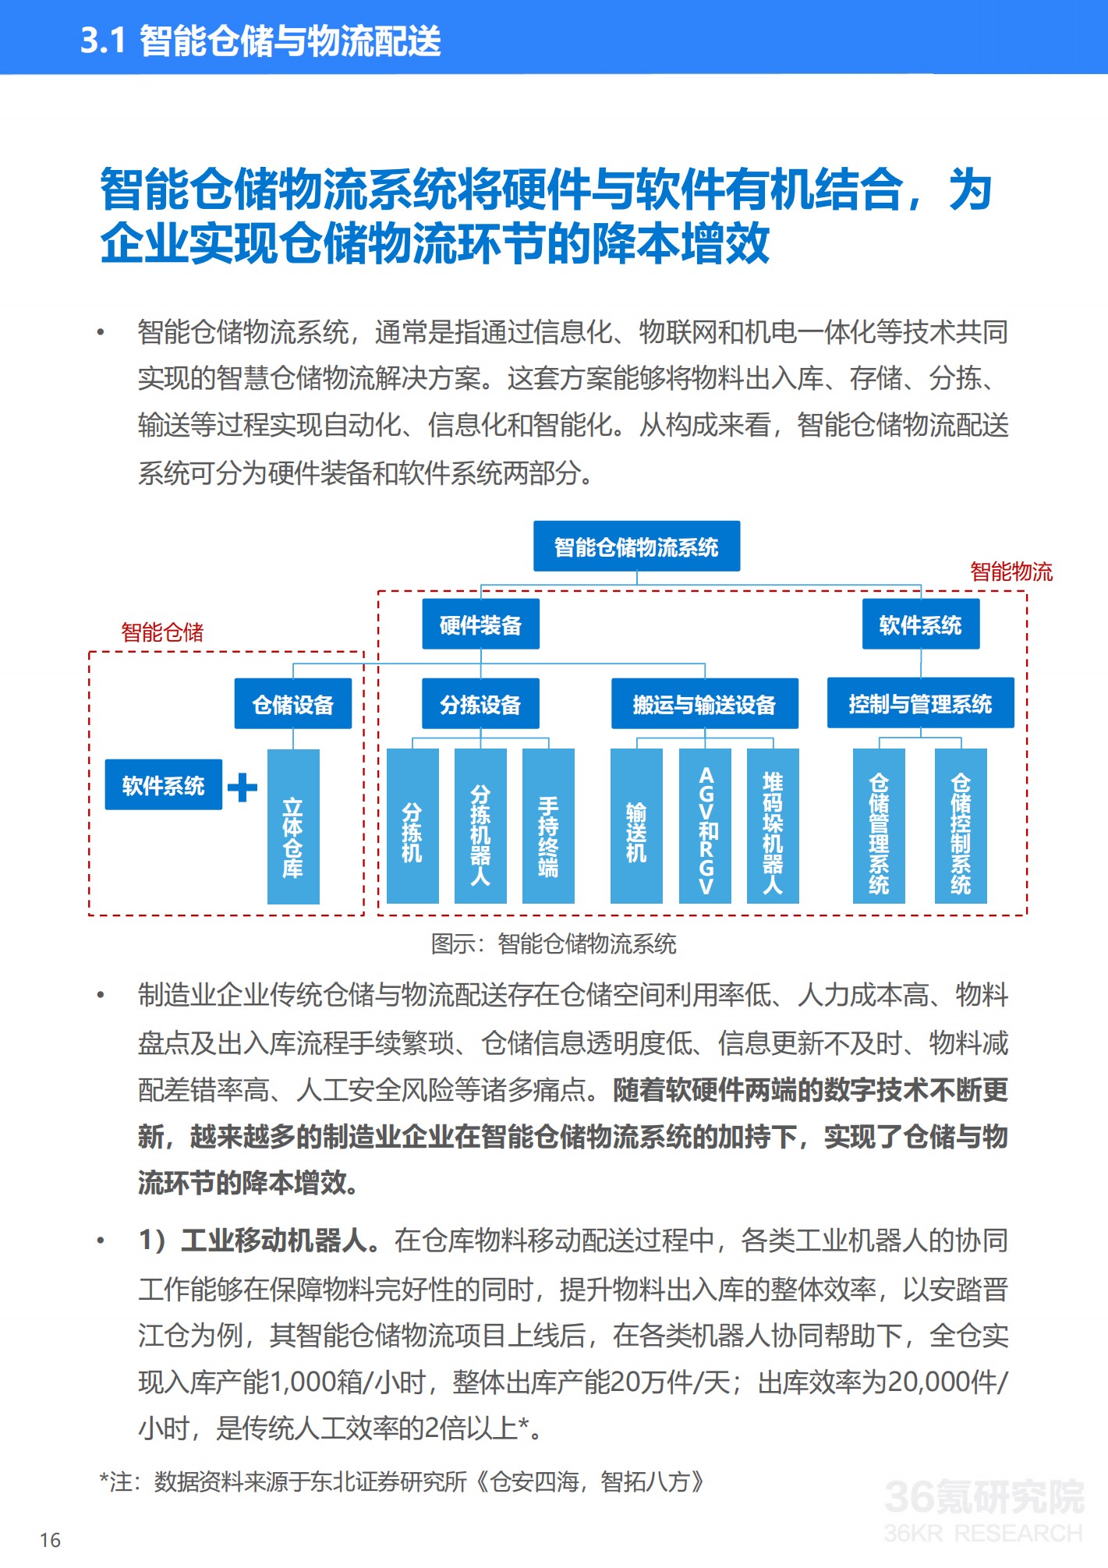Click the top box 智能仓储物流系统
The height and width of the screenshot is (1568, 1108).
[636, 547]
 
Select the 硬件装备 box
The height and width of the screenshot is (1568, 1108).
[480, 625]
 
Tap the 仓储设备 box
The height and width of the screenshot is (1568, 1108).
[293, 704]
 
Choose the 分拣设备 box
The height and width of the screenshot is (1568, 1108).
[480, 704]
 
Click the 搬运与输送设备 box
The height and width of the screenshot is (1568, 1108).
[704, 704]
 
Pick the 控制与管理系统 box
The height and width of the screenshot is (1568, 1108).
[920, 703]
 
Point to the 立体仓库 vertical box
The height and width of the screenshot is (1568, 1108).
[293, 826]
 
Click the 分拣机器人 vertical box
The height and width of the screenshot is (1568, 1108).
[480, 826]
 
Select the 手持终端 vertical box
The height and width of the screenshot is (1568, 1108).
[548, 826]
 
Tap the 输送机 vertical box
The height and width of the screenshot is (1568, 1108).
[636, 826]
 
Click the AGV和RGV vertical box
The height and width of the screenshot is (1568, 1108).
[705, 826]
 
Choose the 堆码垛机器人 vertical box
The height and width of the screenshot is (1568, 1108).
[773, 826]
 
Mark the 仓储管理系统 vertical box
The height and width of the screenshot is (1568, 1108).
[879, 826]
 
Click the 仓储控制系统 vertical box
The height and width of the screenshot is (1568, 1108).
[961, 826]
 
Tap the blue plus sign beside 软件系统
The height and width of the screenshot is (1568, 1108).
[242, 787]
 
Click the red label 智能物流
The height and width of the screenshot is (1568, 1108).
[1011, 572]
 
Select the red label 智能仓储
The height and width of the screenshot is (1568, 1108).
[162, 632]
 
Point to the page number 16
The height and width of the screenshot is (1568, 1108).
[50, 1540]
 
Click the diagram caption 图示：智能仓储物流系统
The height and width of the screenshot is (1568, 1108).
[554, 944]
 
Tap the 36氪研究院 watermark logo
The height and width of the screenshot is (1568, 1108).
[984, 1510]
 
